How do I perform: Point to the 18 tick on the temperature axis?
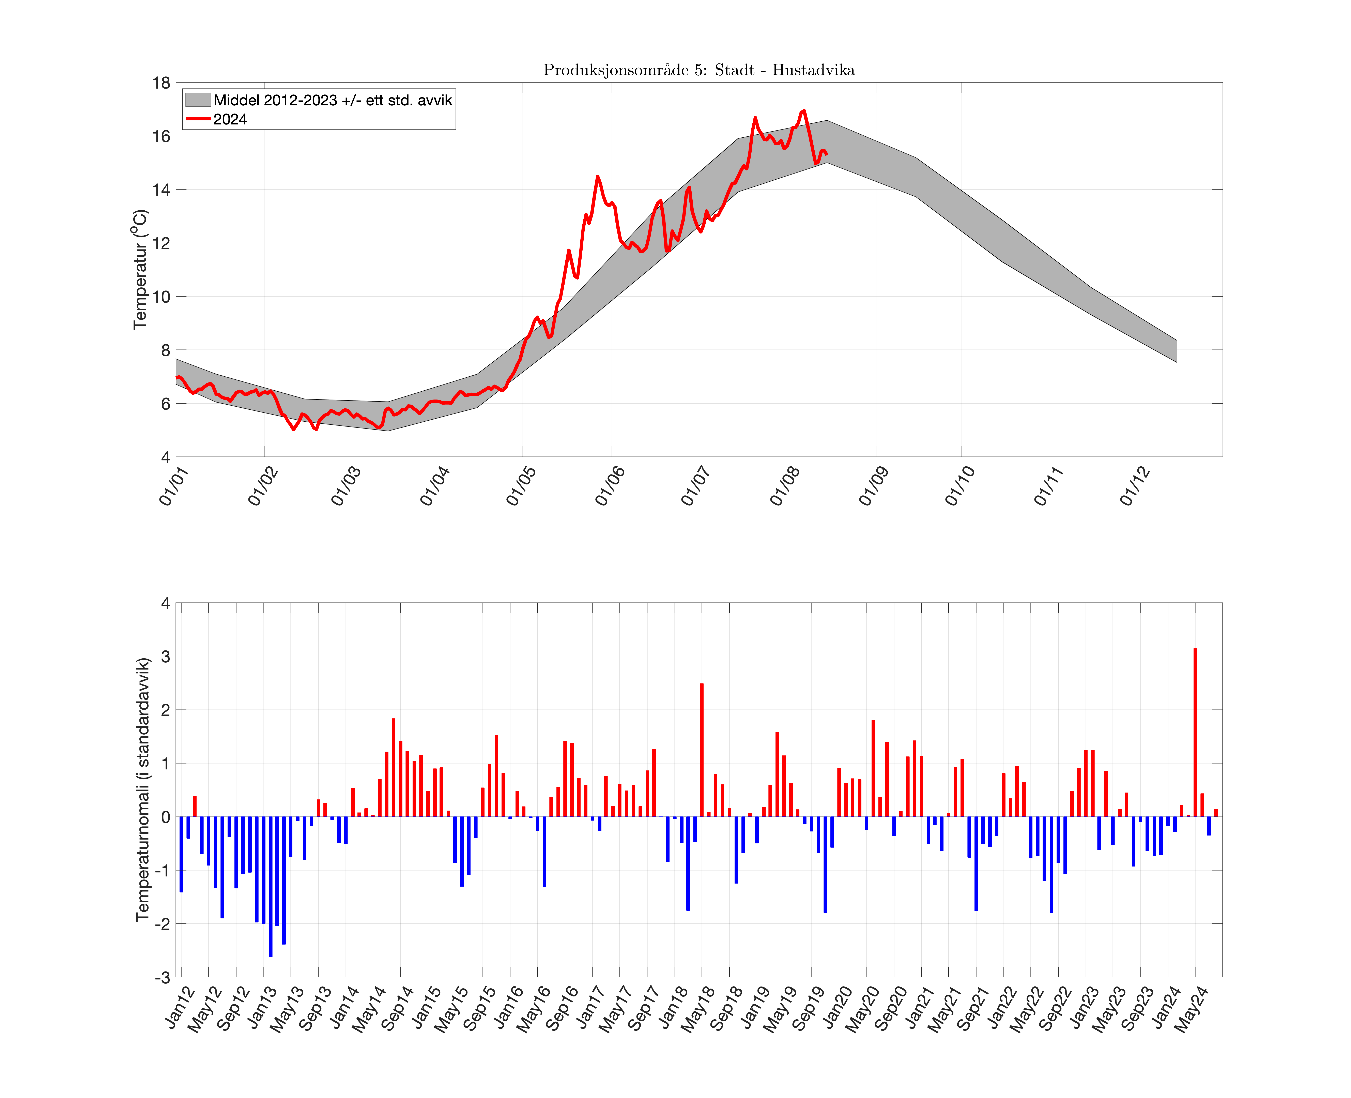[161, 83]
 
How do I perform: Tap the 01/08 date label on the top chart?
[785, 486]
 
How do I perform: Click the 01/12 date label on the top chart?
[1135, 486]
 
